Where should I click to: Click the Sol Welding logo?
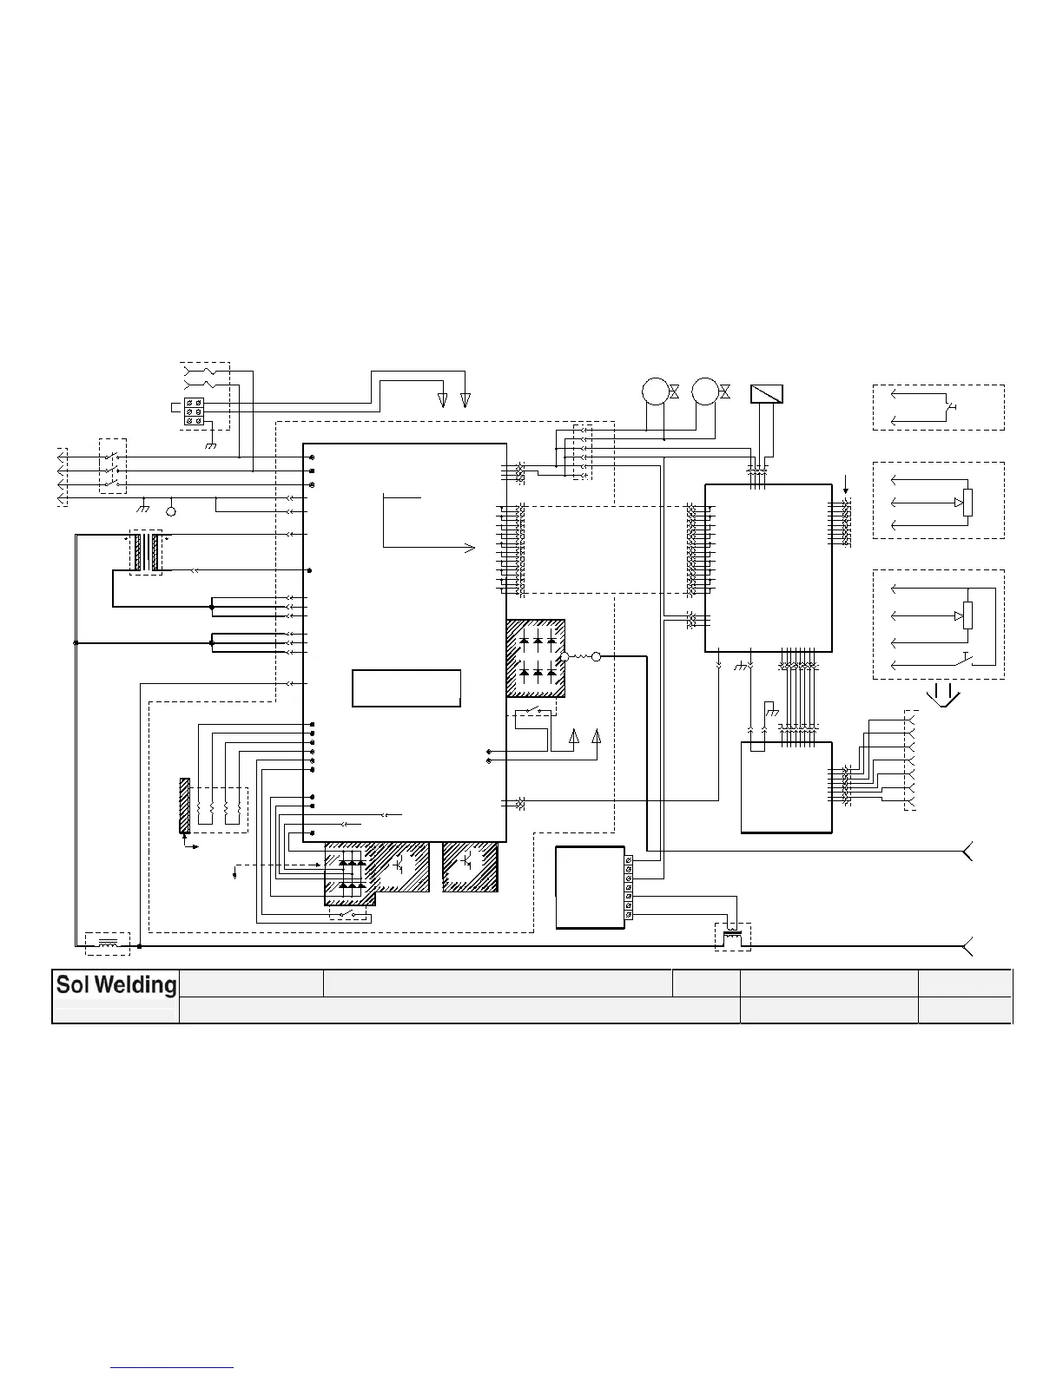116,985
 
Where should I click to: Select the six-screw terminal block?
195,411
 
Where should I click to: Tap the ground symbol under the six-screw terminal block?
209,444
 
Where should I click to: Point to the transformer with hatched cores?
145,552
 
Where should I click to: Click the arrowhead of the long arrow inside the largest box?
471,548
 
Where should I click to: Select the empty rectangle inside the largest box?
406,688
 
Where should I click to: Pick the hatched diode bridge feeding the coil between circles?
536,658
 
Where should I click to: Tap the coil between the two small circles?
580,656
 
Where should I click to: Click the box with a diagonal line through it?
767,394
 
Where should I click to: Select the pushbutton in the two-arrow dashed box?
952,405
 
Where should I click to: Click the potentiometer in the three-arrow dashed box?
967,502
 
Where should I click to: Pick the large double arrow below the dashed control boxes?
944,695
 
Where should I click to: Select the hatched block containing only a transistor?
469,865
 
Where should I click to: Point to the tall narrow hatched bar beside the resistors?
184,806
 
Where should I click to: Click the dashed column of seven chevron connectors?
909,760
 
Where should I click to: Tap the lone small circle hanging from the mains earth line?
171,510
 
